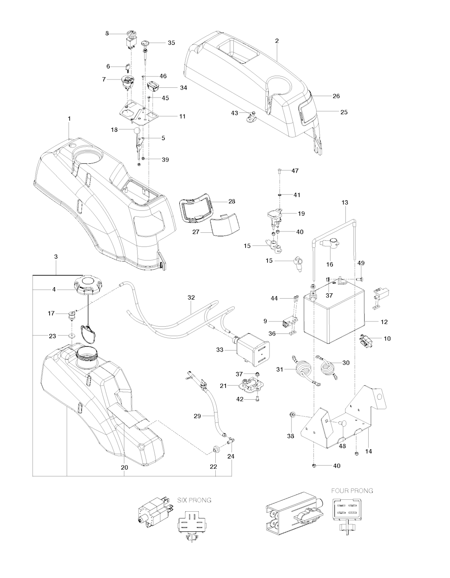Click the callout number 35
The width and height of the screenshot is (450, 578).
[x=171, y=43]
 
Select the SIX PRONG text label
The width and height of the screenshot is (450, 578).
[x=194, y=500]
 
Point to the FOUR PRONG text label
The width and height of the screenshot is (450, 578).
[x=352, y=491]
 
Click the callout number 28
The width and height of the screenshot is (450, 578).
[x=232, y=202]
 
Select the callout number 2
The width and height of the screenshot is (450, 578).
[x=277, y=41]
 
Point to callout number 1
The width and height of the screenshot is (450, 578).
[x=69, y=119]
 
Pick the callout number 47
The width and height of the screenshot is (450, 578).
[x=295, y=170]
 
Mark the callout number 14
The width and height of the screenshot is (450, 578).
[x=369, y=452]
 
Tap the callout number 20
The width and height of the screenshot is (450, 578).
[x=124, y=467]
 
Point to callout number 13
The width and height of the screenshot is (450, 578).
[x=345, y=202]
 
